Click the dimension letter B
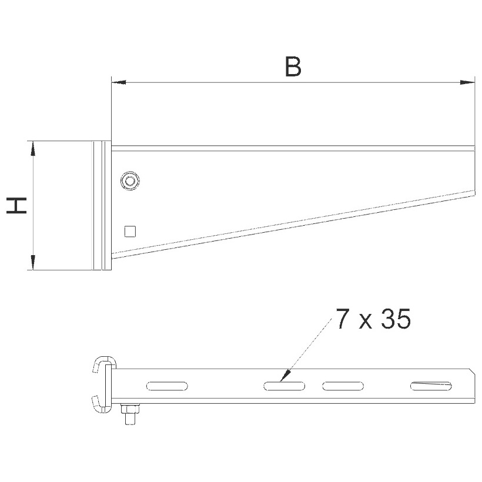(293, 66)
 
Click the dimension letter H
(16, 206)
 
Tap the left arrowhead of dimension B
(118, 82)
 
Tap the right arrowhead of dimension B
(467, 82)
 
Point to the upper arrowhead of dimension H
(33, 149)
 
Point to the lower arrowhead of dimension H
(33, 263)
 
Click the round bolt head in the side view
(130, 181)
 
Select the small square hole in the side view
(130, 232)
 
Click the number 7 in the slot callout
(343, 319)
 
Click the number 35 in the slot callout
(396, 319)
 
